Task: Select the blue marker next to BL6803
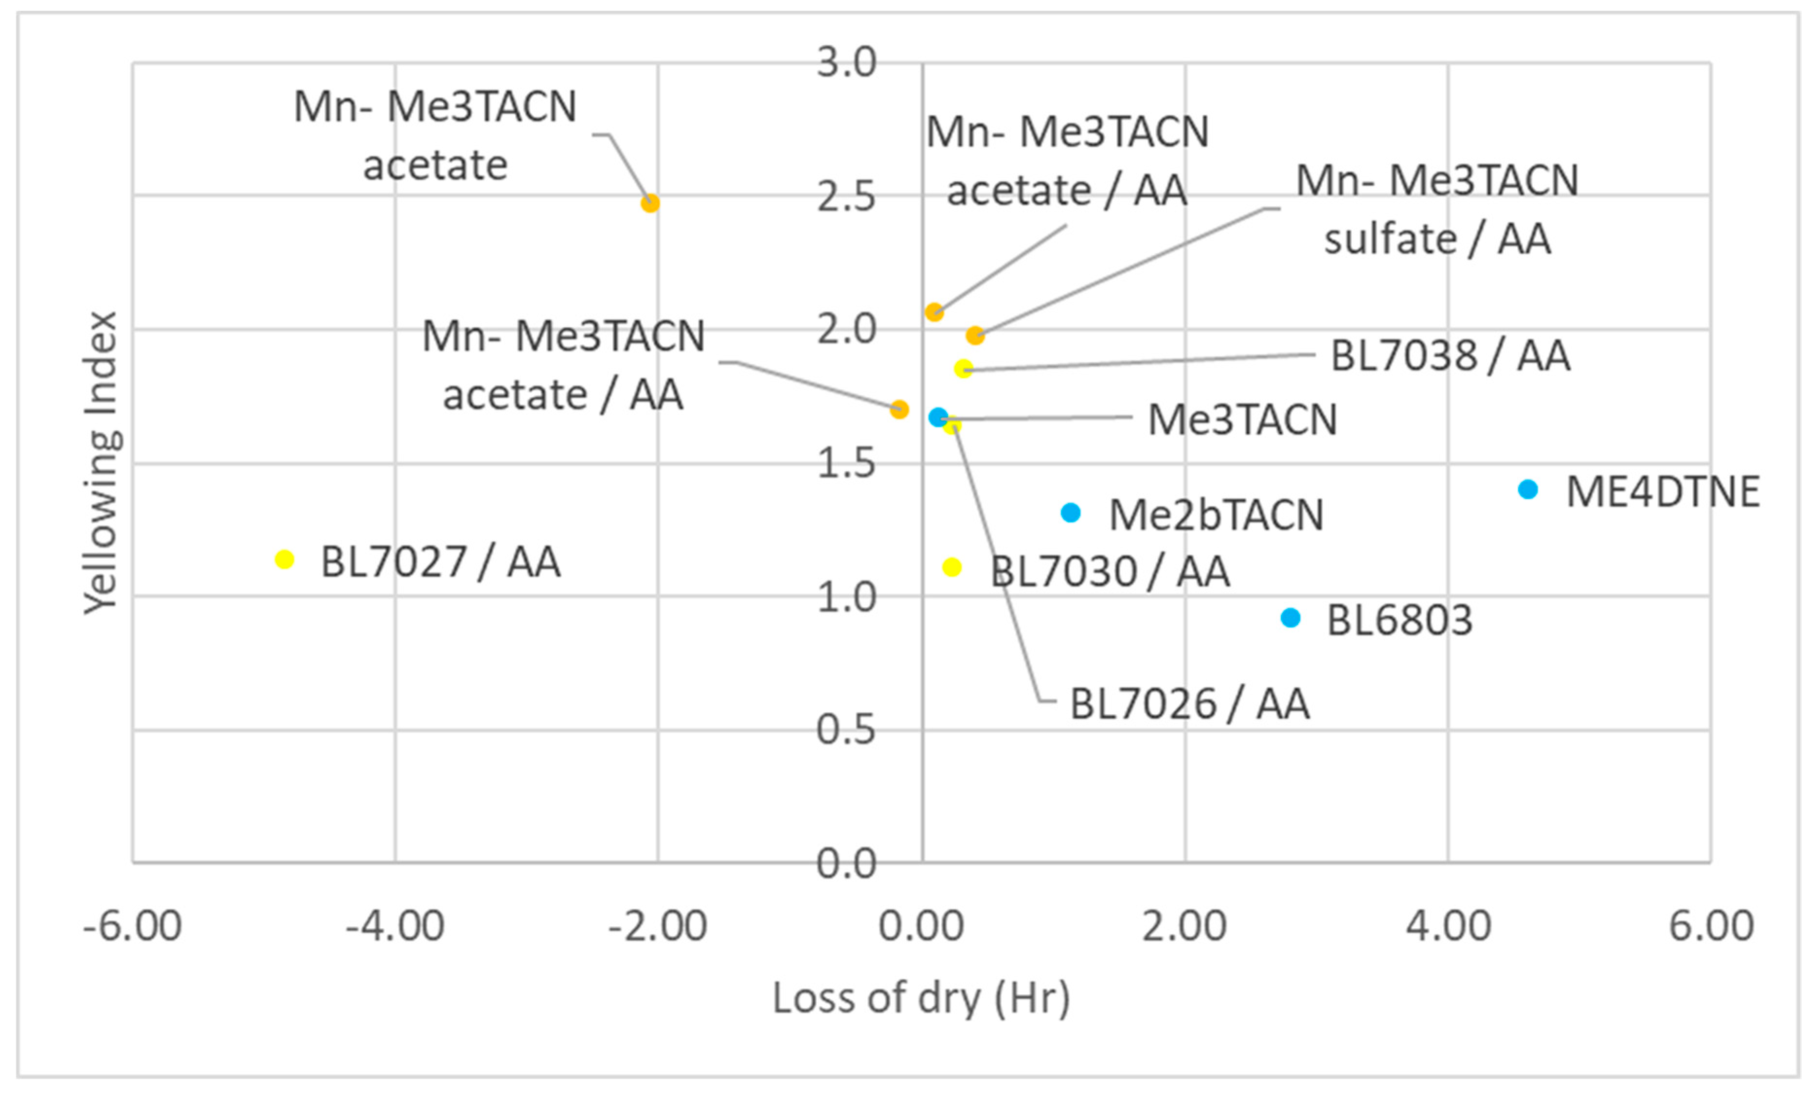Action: point(1290,618)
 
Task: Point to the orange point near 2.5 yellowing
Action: point(650,203)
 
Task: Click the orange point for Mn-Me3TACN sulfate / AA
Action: point(975,336)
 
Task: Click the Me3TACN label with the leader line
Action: point(1242,421)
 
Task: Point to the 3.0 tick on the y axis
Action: point(846,62)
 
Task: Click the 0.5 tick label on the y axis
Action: point(846,730)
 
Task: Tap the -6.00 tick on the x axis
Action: point(132,925)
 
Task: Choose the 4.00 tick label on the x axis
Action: point(1448,925)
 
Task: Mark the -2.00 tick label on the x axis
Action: point(658,925)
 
